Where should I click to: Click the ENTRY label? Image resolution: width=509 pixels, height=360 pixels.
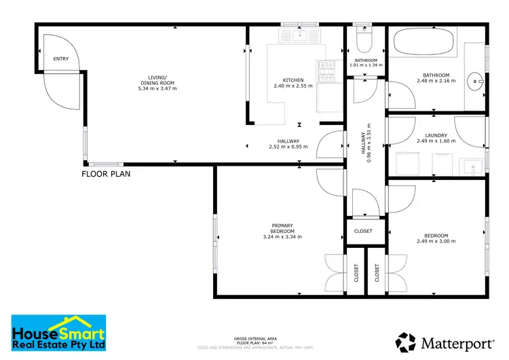click(x=61, y=59)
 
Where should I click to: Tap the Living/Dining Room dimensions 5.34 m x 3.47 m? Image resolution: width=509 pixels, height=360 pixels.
click(x=157, y=88)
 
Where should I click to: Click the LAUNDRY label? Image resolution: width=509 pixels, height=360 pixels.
click(x=436, y=134)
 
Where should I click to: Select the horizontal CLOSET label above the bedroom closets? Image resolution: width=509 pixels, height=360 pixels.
click(x=363, y=231)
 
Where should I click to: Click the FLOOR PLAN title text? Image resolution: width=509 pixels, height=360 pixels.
click(x=106, y=174)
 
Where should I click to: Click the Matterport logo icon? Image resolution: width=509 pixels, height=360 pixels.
click(x=407, y=341)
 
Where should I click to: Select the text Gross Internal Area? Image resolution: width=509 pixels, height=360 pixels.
click(x=254, y=338)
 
